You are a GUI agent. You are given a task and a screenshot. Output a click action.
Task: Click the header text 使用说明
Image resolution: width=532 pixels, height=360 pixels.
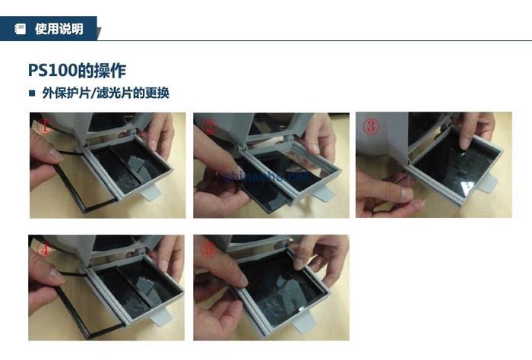point(59,30)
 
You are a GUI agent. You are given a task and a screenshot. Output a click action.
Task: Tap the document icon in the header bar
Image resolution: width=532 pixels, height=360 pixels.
point(21,30)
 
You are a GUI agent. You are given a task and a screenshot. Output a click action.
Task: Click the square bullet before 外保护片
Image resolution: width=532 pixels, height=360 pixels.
point(32,94)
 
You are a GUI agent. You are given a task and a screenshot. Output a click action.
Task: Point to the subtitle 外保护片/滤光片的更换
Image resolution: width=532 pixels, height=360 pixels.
point(106,94)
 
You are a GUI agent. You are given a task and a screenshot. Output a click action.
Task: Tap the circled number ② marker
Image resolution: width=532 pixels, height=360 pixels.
point(210,127)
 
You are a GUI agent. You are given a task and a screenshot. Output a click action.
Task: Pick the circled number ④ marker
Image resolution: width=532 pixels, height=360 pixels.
point(45,249)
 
